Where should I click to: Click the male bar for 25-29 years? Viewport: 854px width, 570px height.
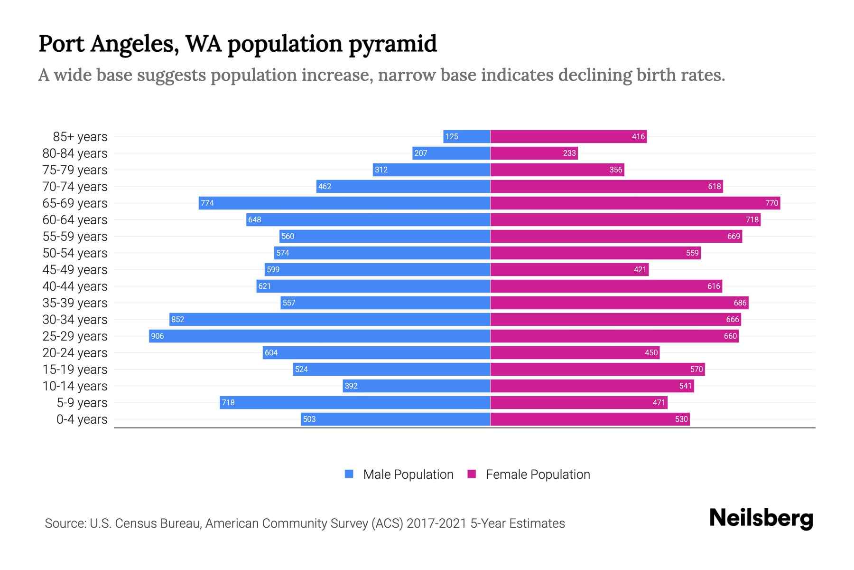tap(319, 336)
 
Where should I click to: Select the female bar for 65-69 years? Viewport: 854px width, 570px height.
tap(635, 203)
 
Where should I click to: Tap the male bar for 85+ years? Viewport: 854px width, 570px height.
tap(467, 136)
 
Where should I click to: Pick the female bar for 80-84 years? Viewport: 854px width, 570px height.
tap(534, 153)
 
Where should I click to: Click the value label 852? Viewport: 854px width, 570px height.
tap(177, 319)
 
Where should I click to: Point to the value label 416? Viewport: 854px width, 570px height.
tap(638, 136)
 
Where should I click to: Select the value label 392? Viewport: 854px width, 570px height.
tap(351, 386)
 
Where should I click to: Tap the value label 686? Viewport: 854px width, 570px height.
tap(740, 303)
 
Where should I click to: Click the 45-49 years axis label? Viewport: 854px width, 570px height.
tap(75, 269)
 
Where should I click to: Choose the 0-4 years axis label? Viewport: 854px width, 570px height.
tap(82, 419)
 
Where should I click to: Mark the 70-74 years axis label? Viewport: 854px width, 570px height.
tap(75, 186)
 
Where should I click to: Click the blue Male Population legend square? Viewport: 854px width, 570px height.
tap(349, 474)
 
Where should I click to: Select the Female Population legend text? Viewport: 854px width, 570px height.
tap(538, 474)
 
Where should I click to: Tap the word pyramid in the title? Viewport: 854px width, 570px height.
tap(392, 44)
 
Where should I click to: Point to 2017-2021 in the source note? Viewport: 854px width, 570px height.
tap(436, 523)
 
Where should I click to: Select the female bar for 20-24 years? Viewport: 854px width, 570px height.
tap(575, 352)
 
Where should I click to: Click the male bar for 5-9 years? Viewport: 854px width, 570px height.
tap(355, 402)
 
